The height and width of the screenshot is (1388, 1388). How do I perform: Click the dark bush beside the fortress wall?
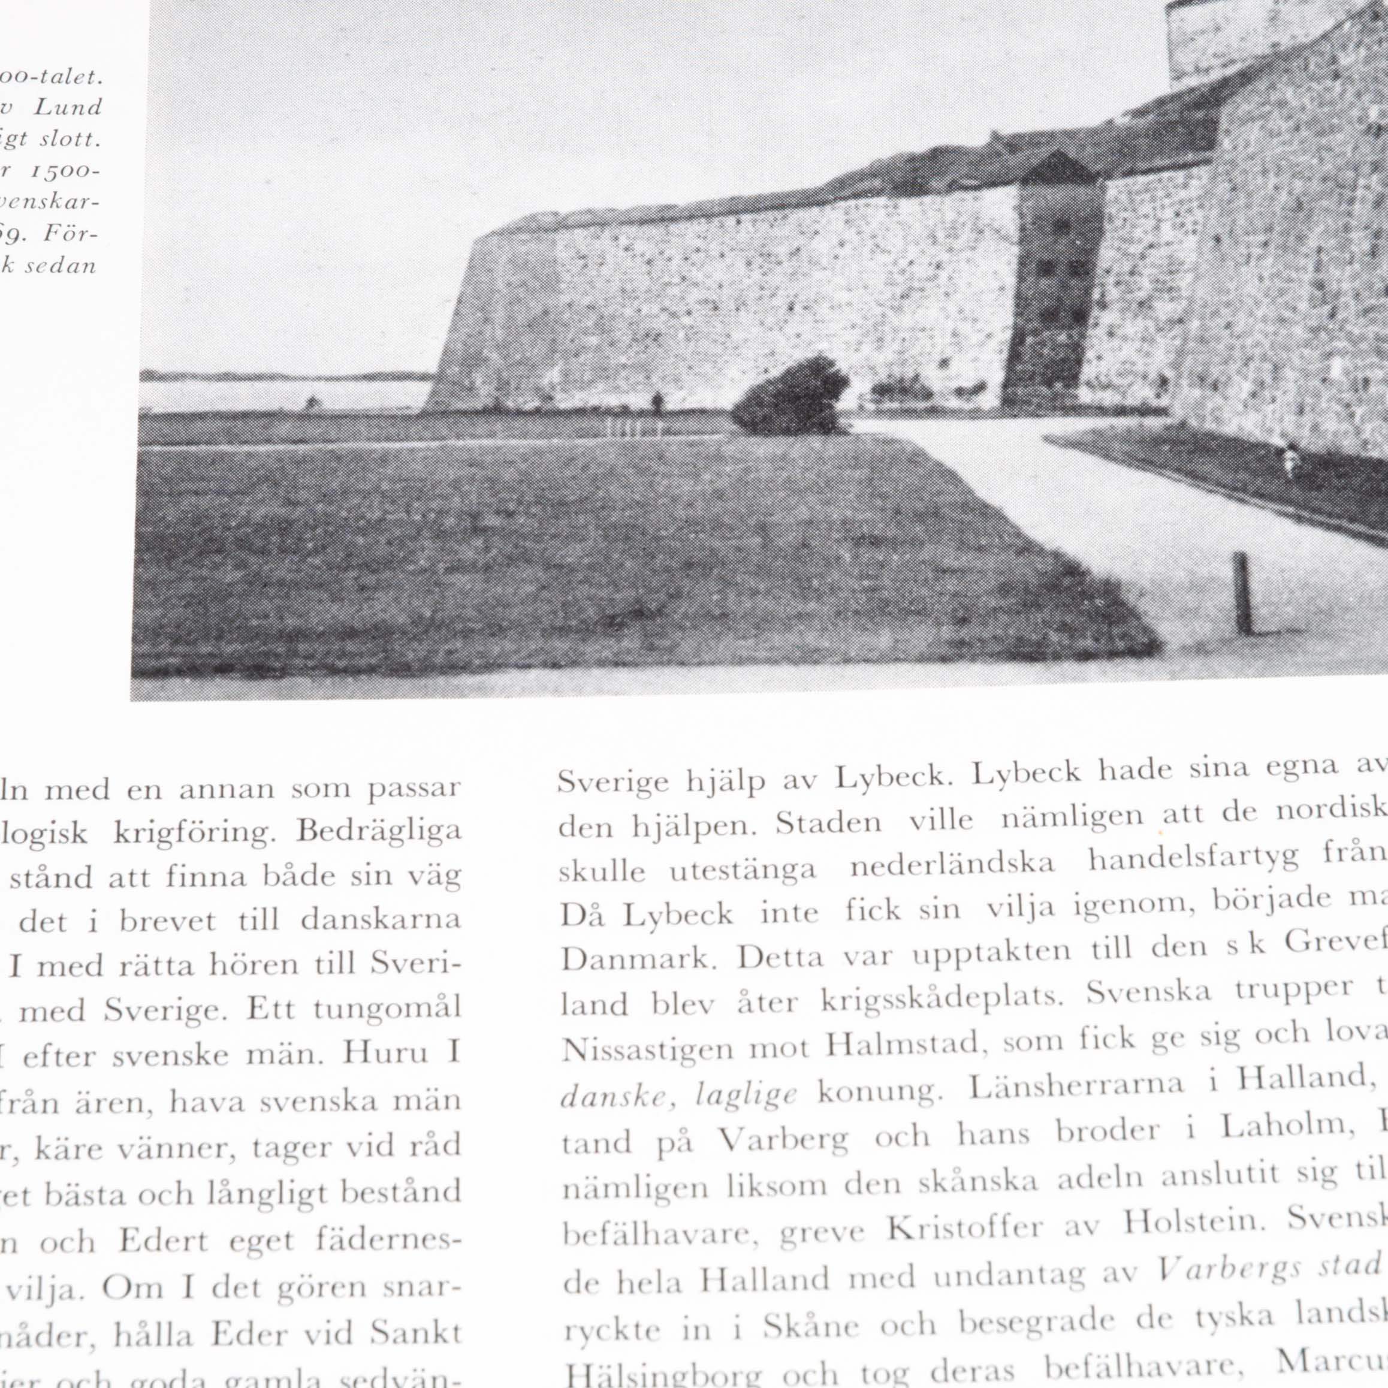click(x=790, y=397)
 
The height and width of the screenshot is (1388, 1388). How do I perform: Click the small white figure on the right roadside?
click(x=1290, y=460)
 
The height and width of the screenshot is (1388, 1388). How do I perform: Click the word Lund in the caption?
click(x=68, y=108)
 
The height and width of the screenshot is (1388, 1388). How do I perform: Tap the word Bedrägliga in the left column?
click(x=379, y=832)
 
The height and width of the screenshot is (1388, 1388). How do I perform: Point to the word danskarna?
click(x=380, y=921)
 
